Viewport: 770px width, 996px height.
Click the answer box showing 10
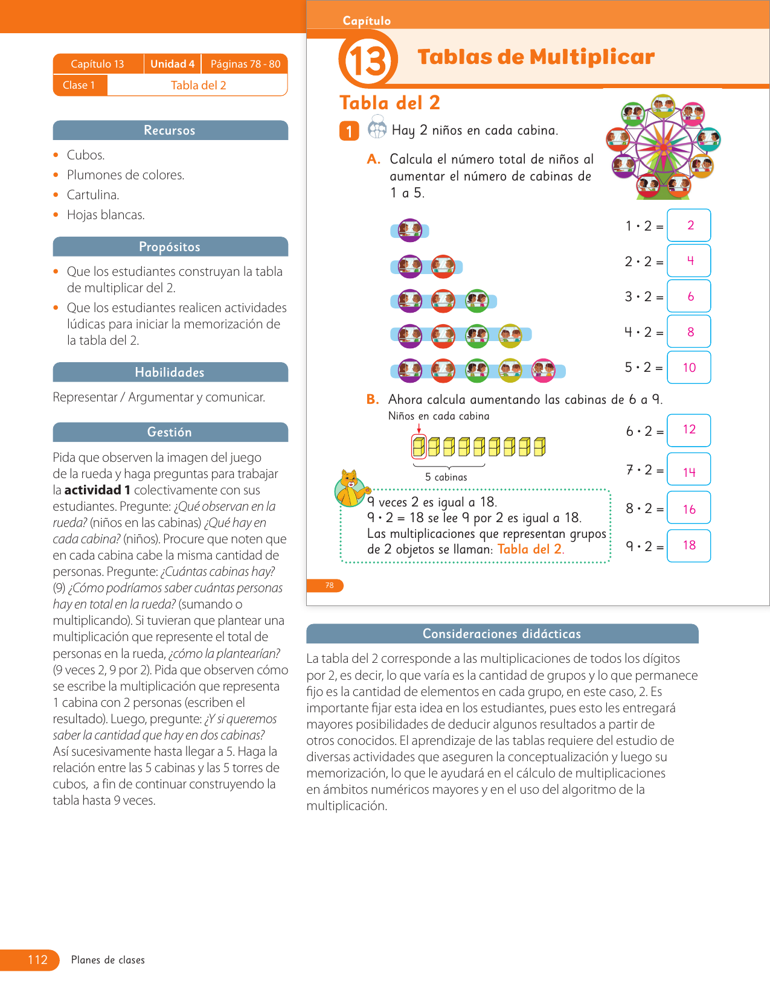[x=688, y=367]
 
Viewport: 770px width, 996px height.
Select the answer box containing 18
[x=688, y=545]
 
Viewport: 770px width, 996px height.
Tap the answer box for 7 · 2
[x=688, y=470]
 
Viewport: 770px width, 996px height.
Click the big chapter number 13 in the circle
[x=368, y=60]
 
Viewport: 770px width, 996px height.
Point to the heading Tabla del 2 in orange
[x=390, y=103]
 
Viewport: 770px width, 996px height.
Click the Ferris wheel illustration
[x=663, y=147]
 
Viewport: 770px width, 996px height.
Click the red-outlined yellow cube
[x=419, y=447]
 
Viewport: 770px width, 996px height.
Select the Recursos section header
[x=170, y=130]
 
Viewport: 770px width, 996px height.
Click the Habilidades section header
[x=170, y=372]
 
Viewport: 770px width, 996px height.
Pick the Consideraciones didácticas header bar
[x=502, y=634]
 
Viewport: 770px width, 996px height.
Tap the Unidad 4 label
[x=172, y=64]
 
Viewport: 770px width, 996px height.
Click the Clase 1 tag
[x=79, y=85]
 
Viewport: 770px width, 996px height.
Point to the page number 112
[x=37, y=960]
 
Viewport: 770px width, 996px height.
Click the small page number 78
[x=329, y=585]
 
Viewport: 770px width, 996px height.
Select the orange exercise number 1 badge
[x=349, y=131]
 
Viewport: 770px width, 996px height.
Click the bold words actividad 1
[x=97, y=490]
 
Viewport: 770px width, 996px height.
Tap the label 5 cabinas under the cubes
[x=446, y=477]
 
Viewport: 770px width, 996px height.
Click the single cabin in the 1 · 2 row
[x=410, y=230]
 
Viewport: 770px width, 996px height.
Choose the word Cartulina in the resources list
[x=93, y=195]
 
